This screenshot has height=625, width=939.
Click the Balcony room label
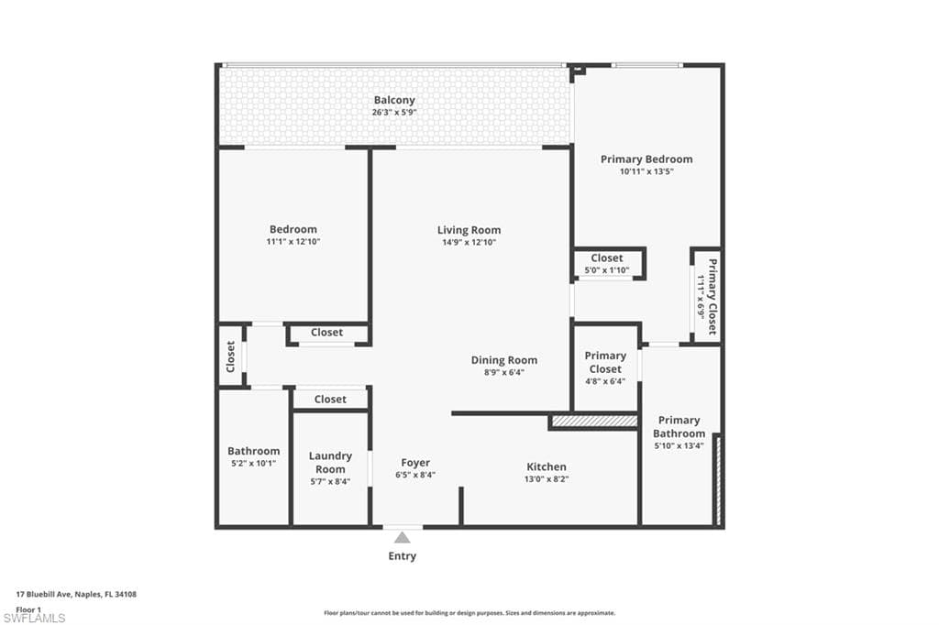click(393, 100)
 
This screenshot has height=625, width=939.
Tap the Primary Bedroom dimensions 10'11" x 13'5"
click(646, 171)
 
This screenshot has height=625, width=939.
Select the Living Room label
click(469, 230)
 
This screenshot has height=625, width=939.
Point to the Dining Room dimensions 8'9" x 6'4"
click(504, 373)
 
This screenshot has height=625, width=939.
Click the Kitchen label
click(546, 466)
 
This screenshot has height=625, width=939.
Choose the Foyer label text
click(415, 463)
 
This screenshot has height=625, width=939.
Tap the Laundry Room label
click(330, 462)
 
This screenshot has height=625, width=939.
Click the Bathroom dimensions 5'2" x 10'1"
click(253, 464)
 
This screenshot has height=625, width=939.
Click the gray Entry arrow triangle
click(403, 538)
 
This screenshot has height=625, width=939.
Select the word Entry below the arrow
click(403, 556)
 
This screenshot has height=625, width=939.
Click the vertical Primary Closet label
click(707, 296)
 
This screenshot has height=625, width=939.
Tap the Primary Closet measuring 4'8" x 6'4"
click(605, 367)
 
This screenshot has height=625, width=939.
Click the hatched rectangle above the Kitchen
click(593, 421)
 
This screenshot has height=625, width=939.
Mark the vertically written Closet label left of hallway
click(231, 357)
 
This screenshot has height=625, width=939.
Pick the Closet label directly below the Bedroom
click(326, 333)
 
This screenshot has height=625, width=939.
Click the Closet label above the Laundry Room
click(330, 399)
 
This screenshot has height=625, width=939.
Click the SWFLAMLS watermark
click(34, 618)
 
